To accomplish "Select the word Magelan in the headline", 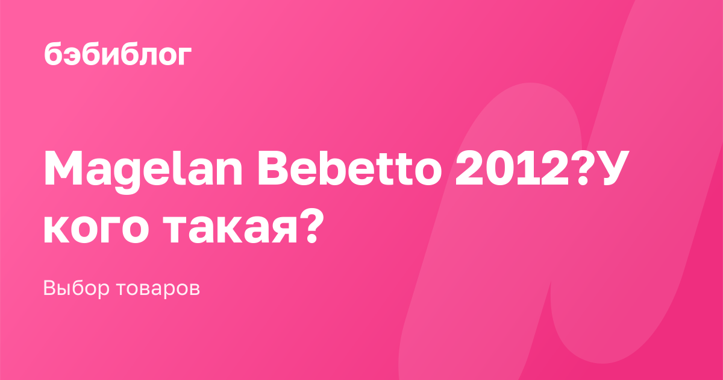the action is pos(143,172).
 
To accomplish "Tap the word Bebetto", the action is pos(350,168).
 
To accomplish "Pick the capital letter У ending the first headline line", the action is pos(613,168).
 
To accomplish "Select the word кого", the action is pos(96,229).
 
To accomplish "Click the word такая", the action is pos(230,229).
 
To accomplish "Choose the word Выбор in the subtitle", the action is pos(76,288).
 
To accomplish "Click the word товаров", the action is pos(158,288).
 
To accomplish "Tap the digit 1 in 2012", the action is pos(527,168).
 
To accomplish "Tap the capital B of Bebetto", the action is pos(274,168).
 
